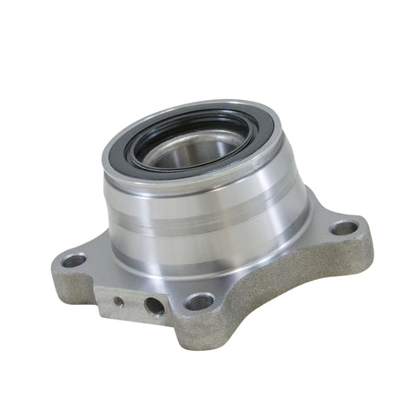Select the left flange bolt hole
coord(75,260)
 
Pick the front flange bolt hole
coord(199,301)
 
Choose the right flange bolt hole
coord(345,228)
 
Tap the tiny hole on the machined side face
coord(118,301)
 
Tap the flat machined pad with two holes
coord(135,300)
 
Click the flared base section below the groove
coord(208,252)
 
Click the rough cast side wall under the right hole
coord(347,261)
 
